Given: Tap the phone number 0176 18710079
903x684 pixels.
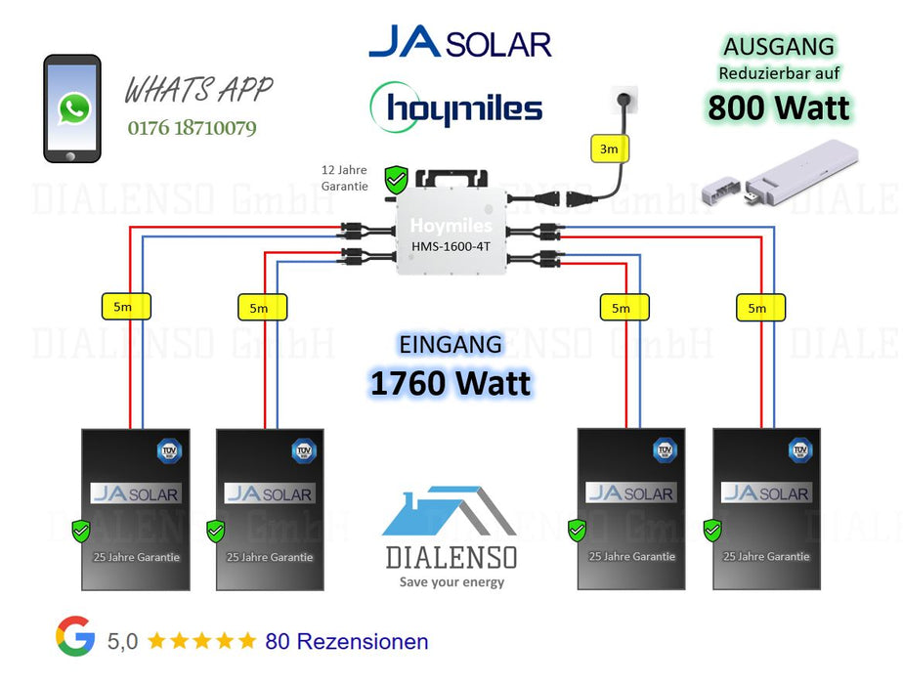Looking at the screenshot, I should (x=193, y=128).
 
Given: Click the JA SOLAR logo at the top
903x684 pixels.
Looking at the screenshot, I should (x=459, y=43).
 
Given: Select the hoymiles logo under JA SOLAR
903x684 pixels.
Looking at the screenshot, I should (x=456, y=107).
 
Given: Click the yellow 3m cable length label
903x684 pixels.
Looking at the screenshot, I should (x=609, y=150).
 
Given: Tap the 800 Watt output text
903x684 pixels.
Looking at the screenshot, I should (x=779, y=107).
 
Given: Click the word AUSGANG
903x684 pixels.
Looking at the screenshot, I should (x=779, y=47).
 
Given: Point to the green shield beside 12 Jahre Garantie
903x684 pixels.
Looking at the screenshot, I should (x=396, y=180).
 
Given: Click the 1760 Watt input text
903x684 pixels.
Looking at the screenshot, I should (x=451, y=383).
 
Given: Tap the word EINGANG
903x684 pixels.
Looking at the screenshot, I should (x=451, y=345).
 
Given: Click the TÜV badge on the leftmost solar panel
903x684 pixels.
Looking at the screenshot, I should (x=168, y=450).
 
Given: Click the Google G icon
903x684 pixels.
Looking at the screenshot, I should (x=75, y=637).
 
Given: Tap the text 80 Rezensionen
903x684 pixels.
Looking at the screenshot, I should (x=347, y=642).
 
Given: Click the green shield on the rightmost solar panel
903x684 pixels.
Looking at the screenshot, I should (x=712, y=531).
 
